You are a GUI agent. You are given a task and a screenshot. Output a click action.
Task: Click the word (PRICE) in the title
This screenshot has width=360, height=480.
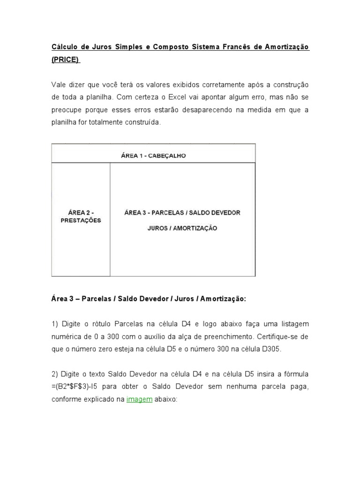[66, 60]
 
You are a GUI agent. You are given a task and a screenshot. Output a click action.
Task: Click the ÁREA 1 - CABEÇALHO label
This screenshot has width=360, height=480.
[153, 156]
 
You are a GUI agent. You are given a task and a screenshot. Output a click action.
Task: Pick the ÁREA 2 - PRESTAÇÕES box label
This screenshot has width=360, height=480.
[81, 217]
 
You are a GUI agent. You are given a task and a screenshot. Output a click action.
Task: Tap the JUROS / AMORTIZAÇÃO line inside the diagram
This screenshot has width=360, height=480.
[182, 229]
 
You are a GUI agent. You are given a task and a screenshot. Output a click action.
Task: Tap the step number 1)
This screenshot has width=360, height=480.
[55, 324]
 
